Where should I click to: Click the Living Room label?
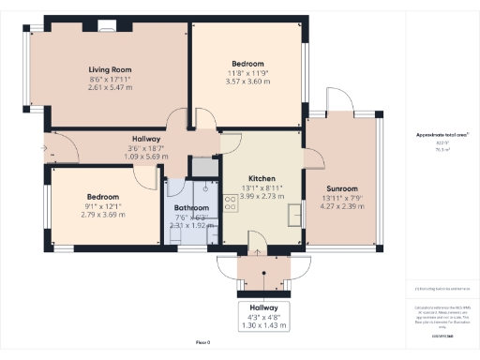(110, 69)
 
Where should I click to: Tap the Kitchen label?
(261, 177)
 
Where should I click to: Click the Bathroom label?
(190, 209)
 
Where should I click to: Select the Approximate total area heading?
(442, 135)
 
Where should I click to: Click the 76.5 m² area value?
(442, 149)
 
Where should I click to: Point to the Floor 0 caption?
(202, 342)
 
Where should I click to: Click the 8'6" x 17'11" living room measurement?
(110, 79)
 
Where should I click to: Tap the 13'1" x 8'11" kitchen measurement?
(261, 187)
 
